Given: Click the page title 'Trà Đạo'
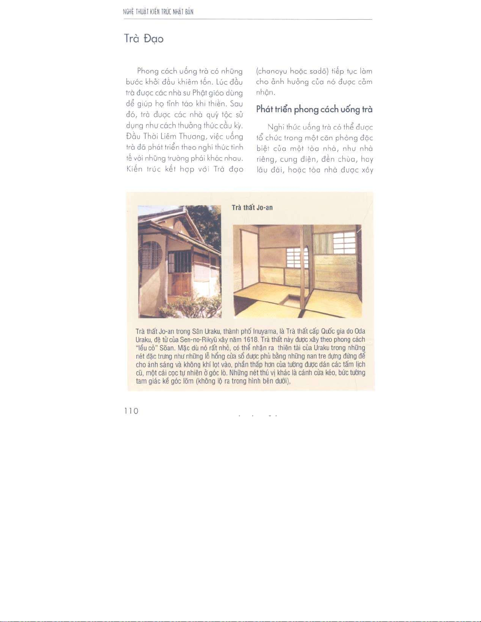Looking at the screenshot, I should click(x=144, y=39).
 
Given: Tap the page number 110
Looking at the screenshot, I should click(x=131, y=411).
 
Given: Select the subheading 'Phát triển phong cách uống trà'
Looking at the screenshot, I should click(x=314, y=109).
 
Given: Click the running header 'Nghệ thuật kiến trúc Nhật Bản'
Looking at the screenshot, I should click(x=158, y=12).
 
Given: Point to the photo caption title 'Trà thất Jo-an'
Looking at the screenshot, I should click(x=252, y=208).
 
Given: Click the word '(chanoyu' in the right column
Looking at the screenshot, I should click(x=271, y=71).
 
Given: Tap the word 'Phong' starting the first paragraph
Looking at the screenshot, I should click(x=148, y=71).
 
